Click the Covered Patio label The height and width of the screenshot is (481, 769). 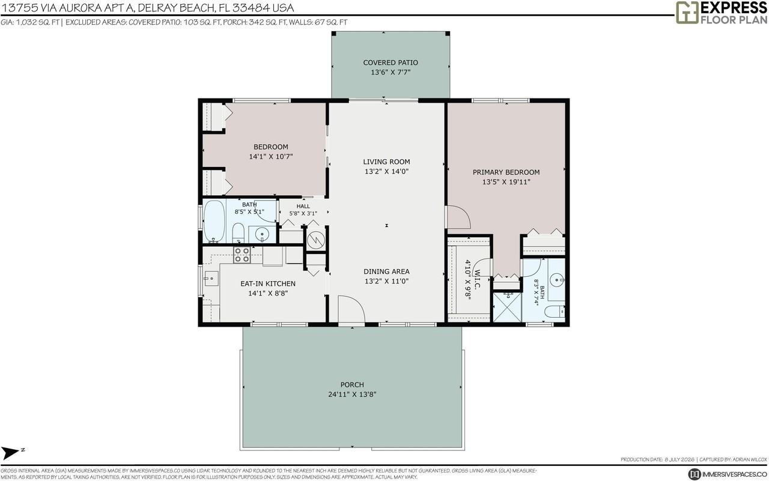pyautogui.click(x=391, y=62)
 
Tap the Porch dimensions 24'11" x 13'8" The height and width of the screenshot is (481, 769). pyautogui.click(x=352, y=394)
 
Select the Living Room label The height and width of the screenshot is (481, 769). pyautogui.click(x=386, y=162)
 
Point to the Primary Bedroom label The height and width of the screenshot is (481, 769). pyautogui.click(x=506, y=172)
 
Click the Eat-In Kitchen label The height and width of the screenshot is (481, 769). pyautogui.click(x=268, y=283)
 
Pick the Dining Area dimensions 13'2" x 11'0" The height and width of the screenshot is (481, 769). pyautogui.click(x=386, y=281)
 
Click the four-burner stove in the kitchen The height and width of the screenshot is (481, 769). pyautogui.click(x=242, y=255)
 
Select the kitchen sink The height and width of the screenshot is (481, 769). pyautogui.click(x=211, y=278)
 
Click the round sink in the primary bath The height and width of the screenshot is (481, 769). pyautogui.click(x=557, y=280)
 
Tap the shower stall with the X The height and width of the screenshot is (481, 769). pyautogui.click(x=507, y=307)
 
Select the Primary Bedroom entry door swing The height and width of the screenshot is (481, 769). pyautogui.click(x=458, y=217)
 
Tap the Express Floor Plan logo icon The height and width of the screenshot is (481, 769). pyautogui.click(x=687, y=13)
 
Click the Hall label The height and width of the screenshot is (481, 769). pyautogui.click(x=303, y=206)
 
